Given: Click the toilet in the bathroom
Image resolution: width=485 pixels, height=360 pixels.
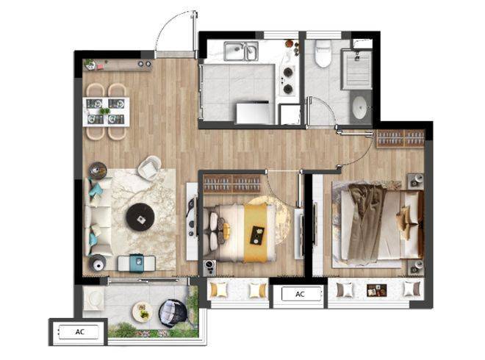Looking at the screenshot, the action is [323, 54].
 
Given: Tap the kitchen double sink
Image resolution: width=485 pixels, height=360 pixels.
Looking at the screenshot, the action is [241, 51].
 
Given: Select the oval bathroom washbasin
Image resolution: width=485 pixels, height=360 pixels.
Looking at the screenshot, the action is [359, 107].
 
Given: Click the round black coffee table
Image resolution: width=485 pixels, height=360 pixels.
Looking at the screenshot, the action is [141, 217].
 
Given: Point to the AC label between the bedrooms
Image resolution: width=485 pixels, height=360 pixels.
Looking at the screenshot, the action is [300, 294].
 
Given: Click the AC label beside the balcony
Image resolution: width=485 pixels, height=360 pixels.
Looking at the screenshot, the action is [80, 332].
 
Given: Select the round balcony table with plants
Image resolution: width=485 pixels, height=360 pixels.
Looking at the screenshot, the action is [143, 312].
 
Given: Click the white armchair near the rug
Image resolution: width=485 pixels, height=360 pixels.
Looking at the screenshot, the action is [149, 168].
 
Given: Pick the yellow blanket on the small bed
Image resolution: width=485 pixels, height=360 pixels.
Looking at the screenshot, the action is [256, 233].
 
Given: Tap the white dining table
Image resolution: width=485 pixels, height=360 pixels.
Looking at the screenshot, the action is [106, 112].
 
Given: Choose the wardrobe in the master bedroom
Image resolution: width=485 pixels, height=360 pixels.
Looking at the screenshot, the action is [400, 138].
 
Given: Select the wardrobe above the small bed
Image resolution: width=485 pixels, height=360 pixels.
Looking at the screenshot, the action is [232, 184].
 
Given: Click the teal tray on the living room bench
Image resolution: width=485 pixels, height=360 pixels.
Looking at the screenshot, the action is [137, 262].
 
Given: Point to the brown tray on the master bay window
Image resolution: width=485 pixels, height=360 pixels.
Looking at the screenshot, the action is [377, 290].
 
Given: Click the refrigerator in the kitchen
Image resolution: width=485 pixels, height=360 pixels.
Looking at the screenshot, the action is [255, 113].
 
